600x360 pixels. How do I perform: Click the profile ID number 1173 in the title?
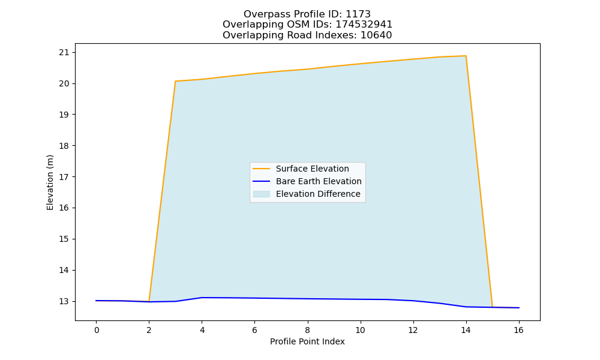[358, 14]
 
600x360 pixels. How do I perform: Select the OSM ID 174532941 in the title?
[364, 25]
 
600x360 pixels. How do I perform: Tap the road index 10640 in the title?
[376, 35]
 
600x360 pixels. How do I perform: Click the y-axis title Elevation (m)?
[50, 182]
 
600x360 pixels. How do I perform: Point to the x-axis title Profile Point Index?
[307, 341]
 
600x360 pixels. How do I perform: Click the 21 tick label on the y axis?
[65, 52]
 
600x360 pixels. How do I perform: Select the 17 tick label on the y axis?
[65, 177]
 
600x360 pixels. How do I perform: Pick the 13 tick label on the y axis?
[65, 301]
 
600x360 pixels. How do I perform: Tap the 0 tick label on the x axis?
[97, 330]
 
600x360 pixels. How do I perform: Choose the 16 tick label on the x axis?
[518, 330]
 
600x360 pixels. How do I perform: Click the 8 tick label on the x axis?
[307, 330]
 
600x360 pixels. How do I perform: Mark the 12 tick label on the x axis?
[413, 330]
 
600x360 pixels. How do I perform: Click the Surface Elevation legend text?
[312, 169]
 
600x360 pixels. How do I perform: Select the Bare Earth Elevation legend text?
[319, 181]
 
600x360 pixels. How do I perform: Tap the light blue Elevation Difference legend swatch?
[262, 194]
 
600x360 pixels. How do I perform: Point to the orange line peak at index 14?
[466, 56]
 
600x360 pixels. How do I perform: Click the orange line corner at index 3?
[175, 81]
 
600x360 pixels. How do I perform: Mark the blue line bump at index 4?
[202, 298]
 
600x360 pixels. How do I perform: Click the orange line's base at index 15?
[492, 307]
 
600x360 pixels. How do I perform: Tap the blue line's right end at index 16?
[519, 308]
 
